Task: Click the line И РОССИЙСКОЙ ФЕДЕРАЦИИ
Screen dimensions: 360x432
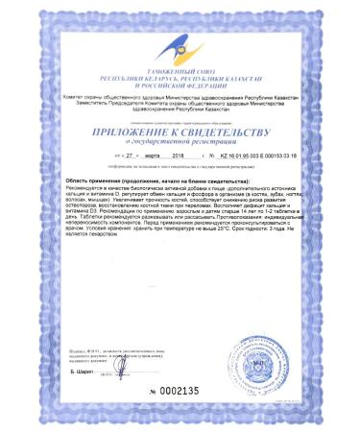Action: coord(180,81)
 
